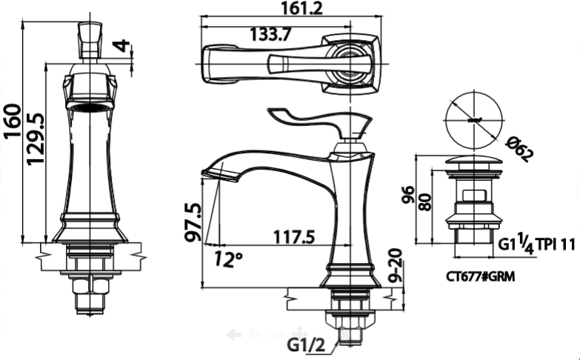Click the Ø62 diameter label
pyautogui.click(x=520, y=153)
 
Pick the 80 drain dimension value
pyautogui.click(x=425, y=202)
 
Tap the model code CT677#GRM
pyautogui.click(x=480, y=276)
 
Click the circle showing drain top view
pyautogui.click(x=474, y=119)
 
